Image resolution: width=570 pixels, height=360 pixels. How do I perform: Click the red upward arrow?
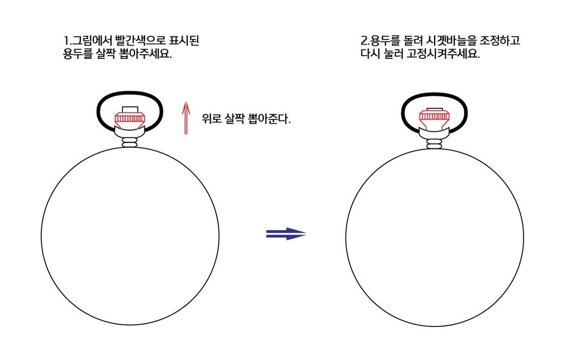[x=186, y=118]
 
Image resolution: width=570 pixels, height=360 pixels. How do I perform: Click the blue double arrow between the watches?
[x=286, y=234]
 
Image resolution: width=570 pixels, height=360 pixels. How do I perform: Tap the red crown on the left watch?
[x=130, y=120]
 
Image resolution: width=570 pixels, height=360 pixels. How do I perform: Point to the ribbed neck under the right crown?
[x=434, y=144]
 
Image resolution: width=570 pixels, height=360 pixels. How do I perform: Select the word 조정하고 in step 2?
[x=500, y=40]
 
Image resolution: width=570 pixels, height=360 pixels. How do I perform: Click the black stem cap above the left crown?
[x=130, y=109]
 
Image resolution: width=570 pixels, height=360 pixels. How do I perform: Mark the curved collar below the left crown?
[x=130, y=132]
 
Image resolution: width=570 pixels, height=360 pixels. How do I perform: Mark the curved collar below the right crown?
[x=434, y=134]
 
